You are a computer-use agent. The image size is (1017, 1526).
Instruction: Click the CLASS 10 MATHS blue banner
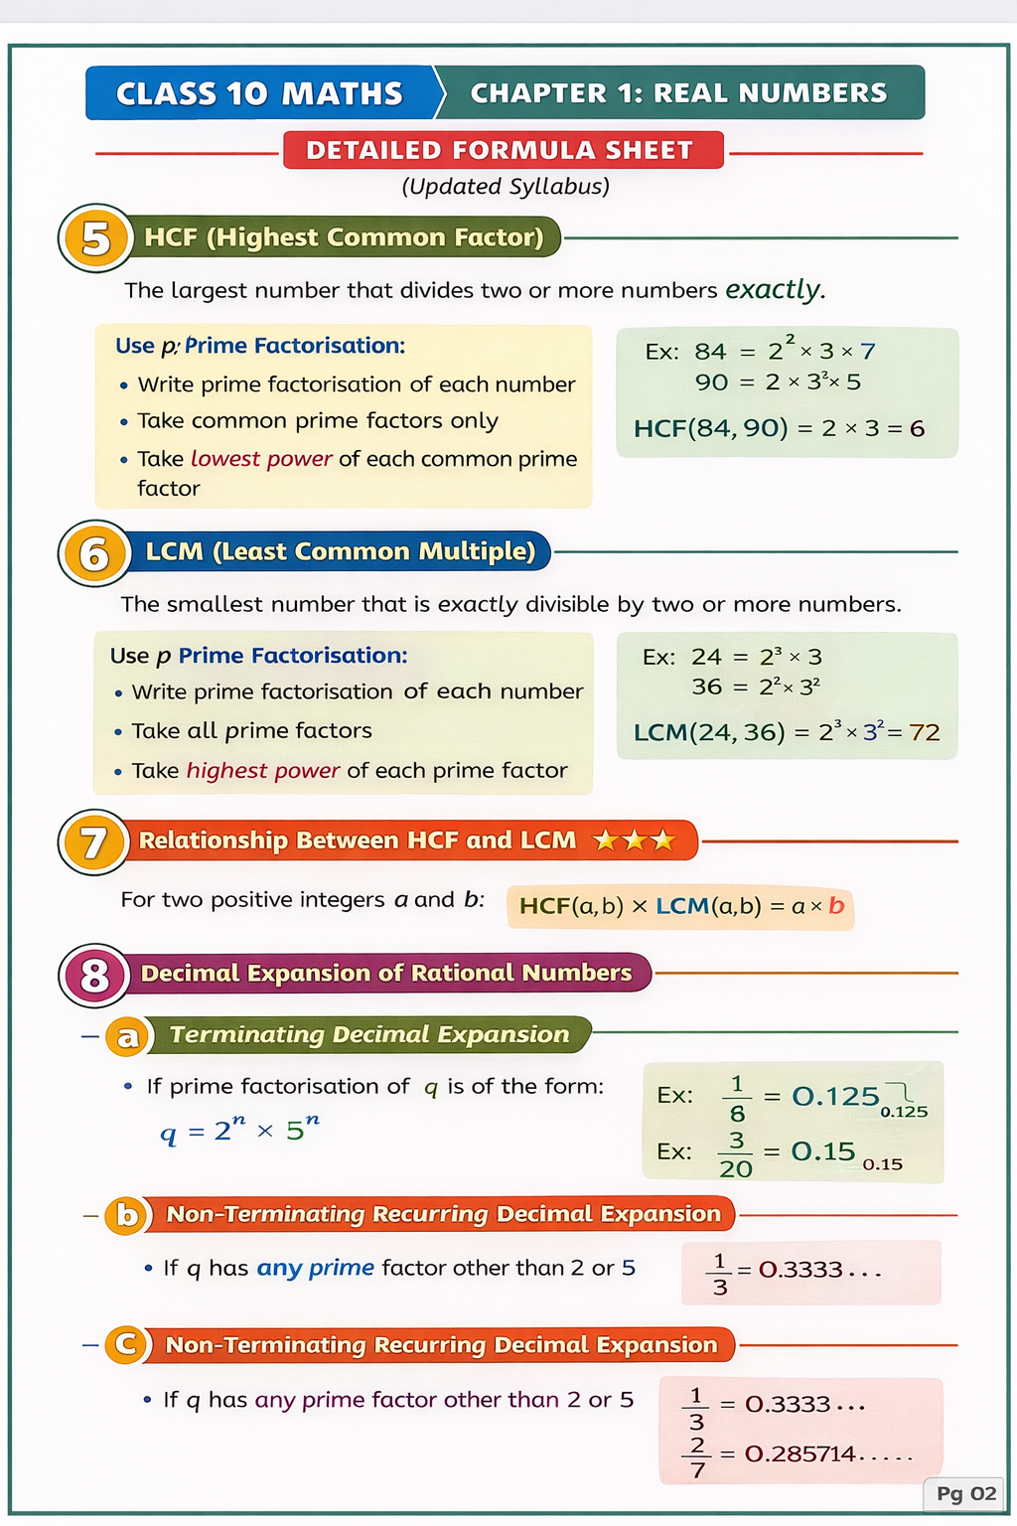click(x=260, y=93)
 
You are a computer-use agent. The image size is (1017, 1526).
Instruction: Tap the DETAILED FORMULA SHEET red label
click(x=500, y=150)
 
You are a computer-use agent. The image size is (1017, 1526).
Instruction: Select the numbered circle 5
click(x=95, y=238)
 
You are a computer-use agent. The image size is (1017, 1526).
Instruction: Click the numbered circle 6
click(x=94, y=553)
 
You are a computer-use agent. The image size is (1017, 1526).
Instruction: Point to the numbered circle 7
click(x=93, y=842)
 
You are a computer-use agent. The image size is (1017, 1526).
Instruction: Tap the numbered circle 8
click(x=94, y=975)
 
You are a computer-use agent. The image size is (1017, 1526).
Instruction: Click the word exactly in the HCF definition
click(x=774, y=290)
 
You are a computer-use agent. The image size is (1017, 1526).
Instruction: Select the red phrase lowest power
click(x=261, y=459)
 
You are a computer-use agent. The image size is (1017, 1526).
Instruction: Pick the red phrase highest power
click(x=263, y=771)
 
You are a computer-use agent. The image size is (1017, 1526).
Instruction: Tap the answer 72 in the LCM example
click(x=924, y=733)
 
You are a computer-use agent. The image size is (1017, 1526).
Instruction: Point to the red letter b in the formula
click(x=836, y=906)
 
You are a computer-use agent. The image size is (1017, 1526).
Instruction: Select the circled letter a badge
click(x=127, y=1037)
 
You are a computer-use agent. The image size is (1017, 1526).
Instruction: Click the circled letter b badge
click(x=127, y=1215)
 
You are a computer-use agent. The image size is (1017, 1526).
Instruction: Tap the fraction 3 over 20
click(x=736, y=1154)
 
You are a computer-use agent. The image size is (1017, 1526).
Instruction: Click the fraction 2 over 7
click(x=698, y=1456)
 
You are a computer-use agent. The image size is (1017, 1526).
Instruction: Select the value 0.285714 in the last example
click(x=800, y=1454)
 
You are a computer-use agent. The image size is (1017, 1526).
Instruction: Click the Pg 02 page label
click(x=965, y=1494)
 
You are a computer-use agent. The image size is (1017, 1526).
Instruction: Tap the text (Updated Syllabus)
click(x=506, y=187)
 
